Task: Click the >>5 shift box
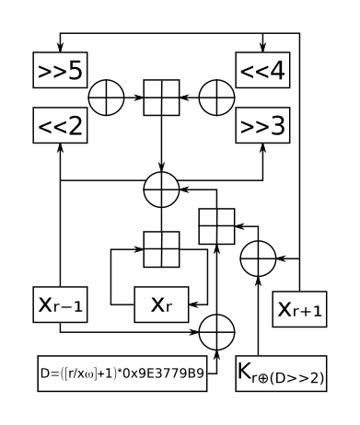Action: click(x=60, y=70)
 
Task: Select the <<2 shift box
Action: click(x=60, y=124)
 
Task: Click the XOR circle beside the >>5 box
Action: click(x=107, y=98)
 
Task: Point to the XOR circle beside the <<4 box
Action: click(x=217, y=98)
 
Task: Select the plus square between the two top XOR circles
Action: click(x=162, y=98)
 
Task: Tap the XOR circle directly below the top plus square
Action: click(x=162, y=190)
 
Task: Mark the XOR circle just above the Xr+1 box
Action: click(x=259, y=258)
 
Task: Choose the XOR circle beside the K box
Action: click(x=217, y=328)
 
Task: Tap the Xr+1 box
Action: click(x=299, y=310)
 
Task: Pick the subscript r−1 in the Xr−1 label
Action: click(x=71, y=310)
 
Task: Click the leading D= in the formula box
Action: click(x=47, y=373)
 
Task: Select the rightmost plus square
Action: click(x=217, y=226)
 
